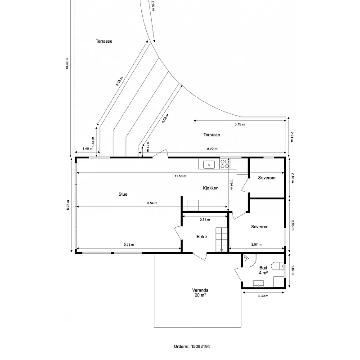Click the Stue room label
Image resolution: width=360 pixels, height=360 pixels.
click(x=123, y=194)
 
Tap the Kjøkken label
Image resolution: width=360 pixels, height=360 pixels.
click(x=211, y=188)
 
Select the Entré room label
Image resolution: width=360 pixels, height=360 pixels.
click(x=202, y=237)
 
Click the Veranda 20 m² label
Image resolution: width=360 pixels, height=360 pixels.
click(x=200, y=292)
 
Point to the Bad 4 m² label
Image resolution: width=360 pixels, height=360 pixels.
click(x=263, y=270)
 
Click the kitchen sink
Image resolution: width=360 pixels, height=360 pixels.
click(x=209, y=165)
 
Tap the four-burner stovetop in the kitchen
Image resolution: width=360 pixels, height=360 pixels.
click(x=225, y=164)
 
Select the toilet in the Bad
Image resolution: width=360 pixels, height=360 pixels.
click(x=278, y=266)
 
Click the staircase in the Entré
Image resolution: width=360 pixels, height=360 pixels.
click(x=221, y=239)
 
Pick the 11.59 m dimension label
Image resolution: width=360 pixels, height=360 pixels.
click(x=180, y=176)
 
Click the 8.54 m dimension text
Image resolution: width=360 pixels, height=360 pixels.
click(x=152, y=203)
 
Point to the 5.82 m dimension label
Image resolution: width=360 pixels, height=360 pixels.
click(x=129, y=244)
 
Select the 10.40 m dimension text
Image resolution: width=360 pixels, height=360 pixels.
click(x=67, y=63)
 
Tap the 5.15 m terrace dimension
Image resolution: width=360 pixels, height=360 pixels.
click(x=240, y=125)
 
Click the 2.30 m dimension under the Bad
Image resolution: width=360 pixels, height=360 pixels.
click(x=263, y=296)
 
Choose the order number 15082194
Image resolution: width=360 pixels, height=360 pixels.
click(x=200, y=346)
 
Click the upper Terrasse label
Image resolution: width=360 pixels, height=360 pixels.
click(x=104, y=41)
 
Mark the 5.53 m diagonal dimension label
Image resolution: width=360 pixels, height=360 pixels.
click(x=119, y=81)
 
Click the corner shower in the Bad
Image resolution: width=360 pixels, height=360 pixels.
click(x=249, y=261)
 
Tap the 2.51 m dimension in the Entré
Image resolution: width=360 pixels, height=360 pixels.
click(x=205, y=220)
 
